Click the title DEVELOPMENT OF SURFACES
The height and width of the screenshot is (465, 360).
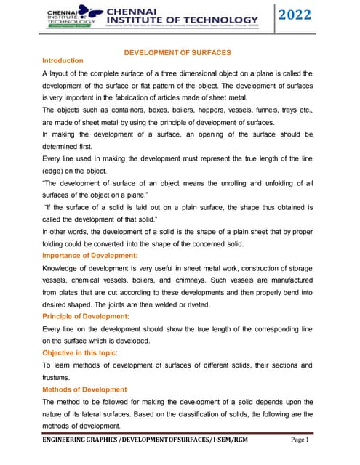177,53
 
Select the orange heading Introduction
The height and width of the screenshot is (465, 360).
63,61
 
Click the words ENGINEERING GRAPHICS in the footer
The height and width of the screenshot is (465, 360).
80,440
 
